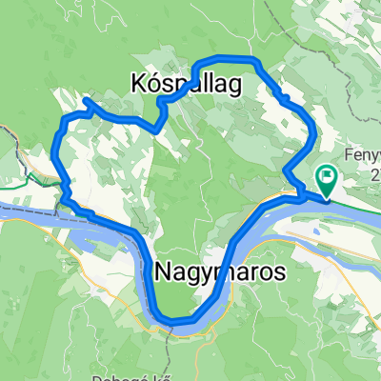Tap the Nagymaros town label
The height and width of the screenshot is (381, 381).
(218, 272)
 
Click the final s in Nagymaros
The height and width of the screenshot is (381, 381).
(277, 272)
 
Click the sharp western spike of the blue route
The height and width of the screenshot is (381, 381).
(85, 100)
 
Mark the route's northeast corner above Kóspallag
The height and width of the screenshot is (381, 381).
(255, 62)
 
